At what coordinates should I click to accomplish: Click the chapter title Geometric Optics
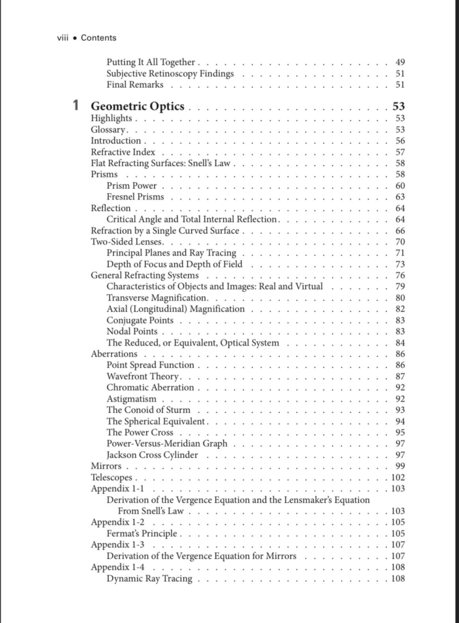pos(137,106)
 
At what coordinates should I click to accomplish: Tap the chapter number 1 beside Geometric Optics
pos(75,106)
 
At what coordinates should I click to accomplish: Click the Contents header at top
pos(98,38)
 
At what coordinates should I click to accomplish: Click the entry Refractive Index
pos(123,152)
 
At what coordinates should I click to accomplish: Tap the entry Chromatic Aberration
pos(150,388)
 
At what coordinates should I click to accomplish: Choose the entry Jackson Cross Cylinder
pos(152,455)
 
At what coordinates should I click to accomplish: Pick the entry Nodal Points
pos(132,332)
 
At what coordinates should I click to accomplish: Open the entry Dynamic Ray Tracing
pos(149,579)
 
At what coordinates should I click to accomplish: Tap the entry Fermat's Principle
pos(142,534)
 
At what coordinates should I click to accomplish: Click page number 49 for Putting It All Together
pos(399,62)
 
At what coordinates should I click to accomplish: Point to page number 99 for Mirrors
pos(399,466)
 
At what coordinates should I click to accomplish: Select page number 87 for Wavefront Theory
pos(399,377)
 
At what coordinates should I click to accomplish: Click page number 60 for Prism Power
pos(399,186)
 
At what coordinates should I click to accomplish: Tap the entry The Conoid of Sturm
pos(148,410)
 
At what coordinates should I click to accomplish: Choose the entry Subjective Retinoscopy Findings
pos(170,74)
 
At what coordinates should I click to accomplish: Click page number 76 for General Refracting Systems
pos(399,276)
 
